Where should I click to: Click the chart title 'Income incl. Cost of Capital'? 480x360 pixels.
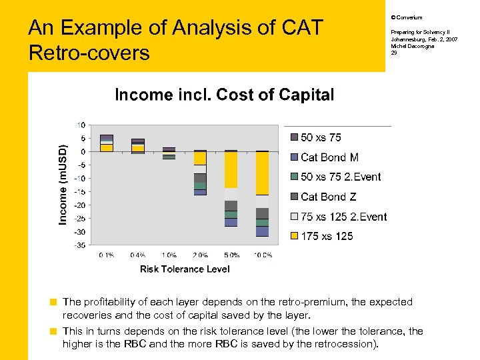(224, 95)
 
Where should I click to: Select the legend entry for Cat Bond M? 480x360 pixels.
(329, 157)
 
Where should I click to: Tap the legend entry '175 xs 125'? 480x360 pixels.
(327, 236)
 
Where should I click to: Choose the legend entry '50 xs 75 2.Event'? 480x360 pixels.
(341, 177)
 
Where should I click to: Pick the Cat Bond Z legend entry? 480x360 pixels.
(329, 197)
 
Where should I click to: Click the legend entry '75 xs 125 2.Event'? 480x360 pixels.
(343, 216)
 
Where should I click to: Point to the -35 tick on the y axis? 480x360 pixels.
(79, 245)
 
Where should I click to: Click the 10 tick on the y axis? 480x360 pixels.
(81, 125)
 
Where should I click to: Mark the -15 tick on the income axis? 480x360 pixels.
(79, 192)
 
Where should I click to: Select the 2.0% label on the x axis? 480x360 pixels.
(200, 255)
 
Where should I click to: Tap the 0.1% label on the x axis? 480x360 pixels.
(107, 255)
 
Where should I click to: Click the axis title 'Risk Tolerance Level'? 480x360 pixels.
(185, 269)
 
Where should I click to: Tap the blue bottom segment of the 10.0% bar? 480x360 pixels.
(262, 231)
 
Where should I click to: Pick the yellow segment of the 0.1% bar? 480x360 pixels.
(107, 147)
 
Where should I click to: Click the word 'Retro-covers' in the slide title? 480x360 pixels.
(89, 52)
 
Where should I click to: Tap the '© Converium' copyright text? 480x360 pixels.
(406, 17)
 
